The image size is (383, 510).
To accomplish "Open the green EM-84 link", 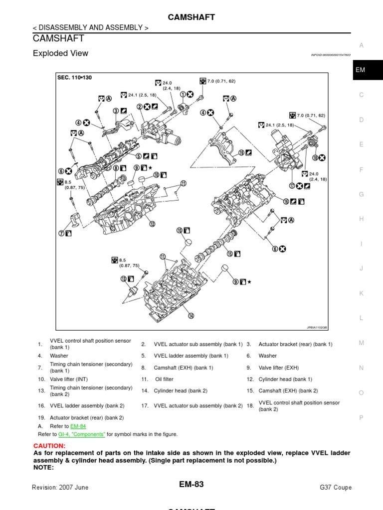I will [78, 426].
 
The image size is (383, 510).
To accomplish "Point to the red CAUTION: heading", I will [49, 445].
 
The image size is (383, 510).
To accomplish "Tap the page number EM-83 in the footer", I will [191, 484].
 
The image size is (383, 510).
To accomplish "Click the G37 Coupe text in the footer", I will [335, 488].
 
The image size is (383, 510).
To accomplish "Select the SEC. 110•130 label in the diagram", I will [74, 78].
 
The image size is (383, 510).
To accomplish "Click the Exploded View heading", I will [60, 53].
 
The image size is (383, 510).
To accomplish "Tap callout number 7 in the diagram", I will [62, 233].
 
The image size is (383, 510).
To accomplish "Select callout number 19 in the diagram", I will [241, 153].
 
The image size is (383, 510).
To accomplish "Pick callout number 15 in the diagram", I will [230, 254].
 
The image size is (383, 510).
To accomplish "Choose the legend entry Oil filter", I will [165, 380].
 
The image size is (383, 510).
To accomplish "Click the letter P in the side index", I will [362, 418].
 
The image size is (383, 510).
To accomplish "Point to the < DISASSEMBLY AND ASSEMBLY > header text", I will [90, 28].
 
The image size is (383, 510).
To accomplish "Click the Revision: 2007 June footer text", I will [60, 488].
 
